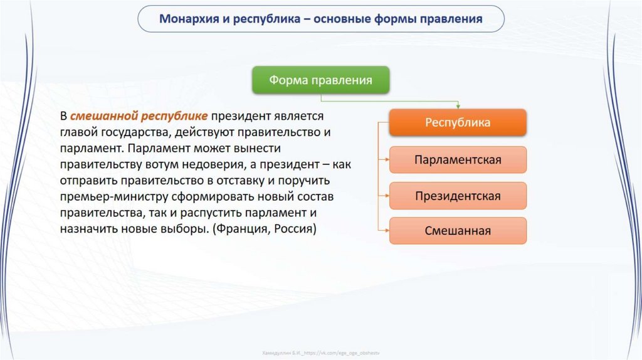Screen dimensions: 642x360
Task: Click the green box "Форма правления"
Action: point(320,80)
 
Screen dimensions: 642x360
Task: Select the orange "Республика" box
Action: point(458,123)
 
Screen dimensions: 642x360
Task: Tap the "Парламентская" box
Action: point(458,159)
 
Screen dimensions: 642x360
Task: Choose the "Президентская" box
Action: point(458,196)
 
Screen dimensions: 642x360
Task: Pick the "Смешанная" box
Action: point(458,231)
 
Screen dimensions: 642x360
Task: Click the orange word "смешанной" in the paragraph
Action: point(103,117)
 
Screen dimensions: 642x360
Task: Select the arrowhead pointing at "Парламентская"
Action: point(386,159)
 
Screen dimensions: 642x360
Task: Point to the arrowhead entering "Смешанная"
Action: point(386,231)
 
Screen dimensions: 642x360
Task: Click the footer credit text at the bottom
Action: point(321,353)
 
